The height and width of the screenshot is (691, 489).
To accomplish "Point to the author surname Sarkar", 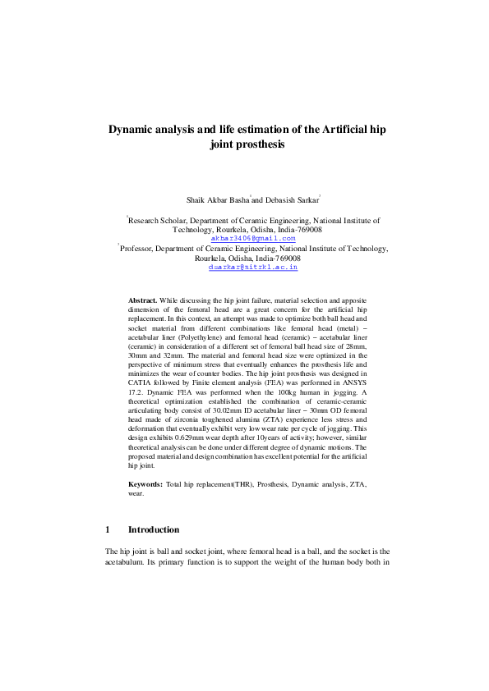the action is [304, 199].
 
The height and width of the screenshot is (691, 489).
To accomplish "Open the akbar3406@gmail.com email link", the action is [252, 238].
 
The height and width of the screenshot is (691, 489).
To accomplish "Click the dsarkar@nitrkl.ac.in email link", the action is [252, 267].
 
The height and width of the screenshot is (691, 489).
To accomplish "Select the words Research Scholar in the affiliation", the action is [159, 220].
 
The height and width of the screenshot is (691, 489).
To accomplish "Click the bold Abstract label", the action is [142, 301].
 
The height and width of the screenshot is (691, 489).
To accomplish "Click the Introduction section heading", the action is [154, 530].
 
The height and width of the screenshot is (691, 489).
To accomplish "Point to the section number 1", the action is [108, 530].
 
